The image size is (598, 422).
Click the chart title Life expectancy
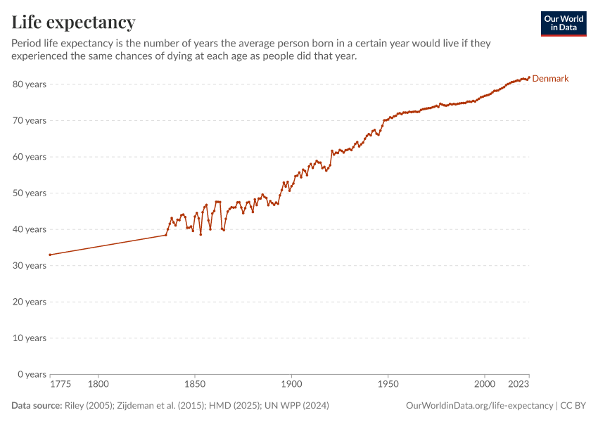pyautogui.click(x=73, y=22)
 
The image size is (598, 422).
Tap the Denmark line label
pyautogui.click(x=550, y=79)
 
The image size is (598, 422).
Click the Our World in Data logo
pyautogui.click(x=564, y=23)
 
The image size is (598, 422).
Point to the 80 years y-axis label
pyautogui.click(x=30, y=84)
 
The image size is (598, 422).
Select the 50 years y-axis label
pyautogui.click(x=30, y=193)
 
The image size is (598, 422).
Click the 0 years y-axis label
pyautogui.click(x=32, y=374)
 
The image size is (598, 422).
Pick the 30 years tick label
pyautogui.click(x=30, y=266)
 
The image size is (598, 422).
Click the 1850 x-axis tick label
pyautogui.click(x=195, y=384)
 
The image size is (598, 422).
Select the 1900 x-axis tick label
pyautogui.click(x=291, y=384)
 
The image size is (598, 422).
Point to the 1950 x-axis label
pyautogui.click(x=388, y=384)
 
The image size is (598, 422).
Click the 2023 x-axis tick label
pyautogui.click(x=519, y=384)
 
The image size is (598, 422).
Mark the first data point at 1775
pyautogui.click(x=50, y=255)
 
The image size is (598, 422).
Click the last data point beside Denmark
pyautogui.click(x=528, y=77)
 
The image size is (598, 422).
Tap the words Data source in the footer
pyautogui.click(x=36, y=406)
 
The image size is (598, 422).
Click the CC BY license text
pyautogui.click(x=573, y=406)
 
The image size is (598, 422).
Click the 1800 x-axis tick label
pyautogui.click(x=98, y=384)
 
